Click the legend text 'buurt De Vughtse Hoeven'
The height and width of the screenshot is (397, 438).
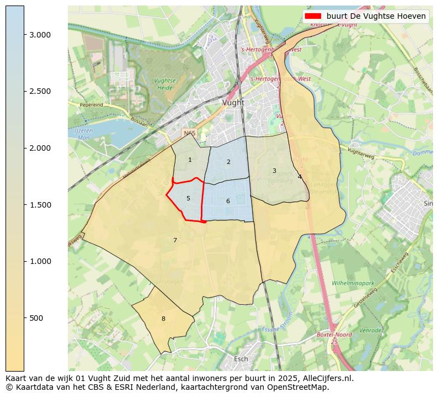click(376, 16)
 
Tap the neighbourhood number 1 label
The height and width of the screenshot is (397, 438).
click(190, 160)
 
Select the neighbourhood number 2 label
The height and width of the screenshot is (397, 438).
click(228, 162)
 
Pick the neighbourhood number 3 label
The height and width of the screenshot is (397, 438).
click(274, 171)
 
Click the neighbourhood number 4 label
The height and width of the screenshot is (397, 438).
click(300, 177)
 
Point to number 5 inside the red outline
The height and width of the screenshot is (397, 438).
click(188, 199)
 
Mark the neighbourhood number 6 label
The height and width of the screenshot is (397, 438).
click(228, 202)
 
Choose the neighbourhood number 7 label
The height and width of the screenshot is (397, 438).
click(175, 240)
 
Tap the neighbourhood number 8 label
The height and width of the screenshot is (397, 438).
click(163, 319)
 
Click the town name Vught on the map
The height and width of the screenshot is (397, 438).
click(233, 103)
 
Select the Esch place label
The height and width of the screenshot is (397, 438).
click(241, 359)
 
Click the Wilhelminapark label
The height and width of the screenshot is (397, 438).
click(353, 283)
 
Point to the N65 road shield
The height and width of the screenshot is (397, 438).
click(189, 134)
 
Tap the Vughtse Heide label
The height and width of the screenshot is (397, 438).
click(164, 84)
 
